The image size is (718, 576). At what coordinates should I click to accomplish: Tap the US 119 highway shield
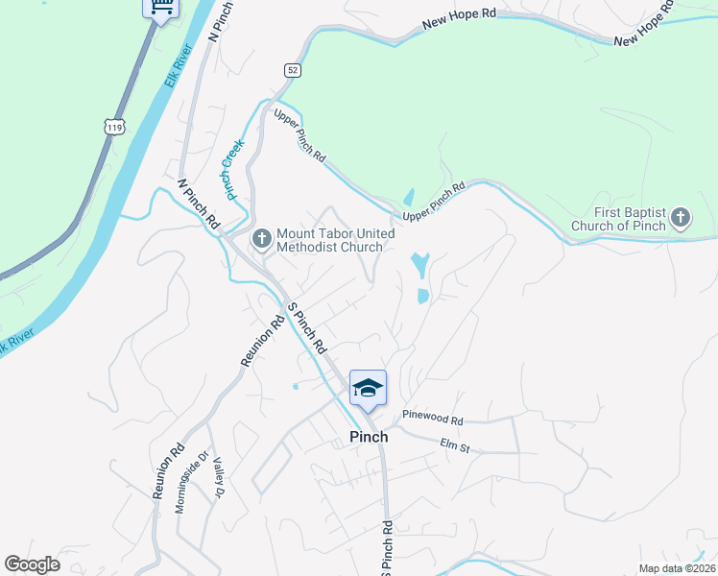[114, 126]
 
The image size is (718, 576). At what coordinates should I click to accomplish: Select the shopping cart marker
[160, 8]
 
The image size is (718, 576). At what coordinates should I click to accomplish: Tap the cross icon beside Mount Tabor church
[261, 237]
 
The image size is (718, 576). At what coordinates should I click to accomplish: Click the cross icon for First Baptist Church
[680, 218]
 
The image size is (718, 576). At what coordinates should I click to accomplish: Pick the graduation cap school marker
[368, 389]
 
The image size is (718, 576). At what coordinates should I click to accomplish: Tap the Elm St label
[454, 444]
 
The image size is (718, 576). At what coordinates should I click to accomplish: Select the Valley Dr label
[218, 477]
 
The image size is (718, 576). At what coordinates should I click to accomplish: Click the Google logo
[32, 564]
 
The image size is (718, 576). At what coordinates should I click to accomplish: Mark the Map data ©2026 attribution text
[676, 568]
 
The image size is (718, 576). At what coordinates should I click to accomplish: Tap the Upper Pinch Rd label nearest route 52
[299, 134]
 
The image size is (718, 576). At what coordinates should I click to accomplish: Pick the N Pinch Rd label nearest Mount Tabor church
[199, 202]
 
